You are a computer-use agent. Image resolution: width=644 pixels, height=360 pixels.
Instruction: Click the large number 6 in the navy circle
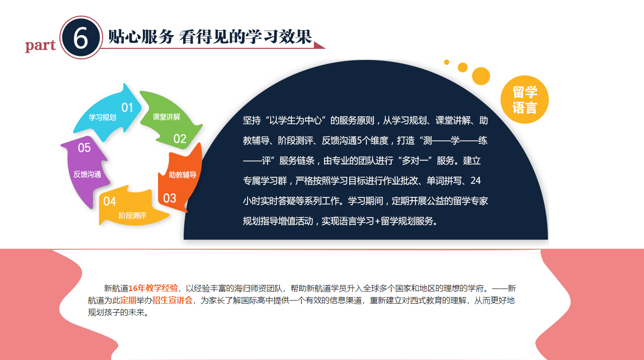tap(81, 38)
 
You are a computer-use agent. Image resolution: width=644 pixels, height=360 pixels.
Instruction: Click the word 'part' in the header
tap(41, 45)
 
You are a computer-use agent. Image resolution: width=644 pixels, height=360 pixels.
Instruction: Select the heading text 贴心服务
tap(140, 37)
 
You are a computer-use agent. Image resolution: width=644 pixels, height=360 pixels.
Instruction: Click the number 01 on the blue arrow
tap(127, 107)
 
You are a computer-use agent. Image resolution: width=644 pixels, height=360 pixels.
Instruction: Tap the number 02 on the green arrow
tap(180, 138)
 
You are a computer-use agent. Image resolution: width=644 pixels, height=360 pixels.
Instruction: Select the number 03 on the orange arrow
tap(170, 198)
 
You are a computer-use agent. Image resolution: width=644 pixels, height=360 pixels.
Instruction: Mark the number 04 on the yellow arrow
tap(110, 202)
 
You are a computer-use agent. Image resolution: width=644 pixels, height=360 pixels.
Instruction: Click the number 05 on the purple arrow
tap(84, 148)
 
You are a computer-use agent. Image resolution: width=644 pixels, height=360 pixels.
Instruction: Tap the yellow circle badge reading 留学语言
tap(525, 100)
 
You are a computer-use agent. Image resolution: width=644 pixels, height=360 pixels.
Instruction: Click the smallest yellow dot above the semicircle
tap(446, 62)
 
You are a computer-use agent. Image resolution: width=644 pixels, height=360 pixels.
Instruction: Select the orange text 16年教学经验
tap(153, 289)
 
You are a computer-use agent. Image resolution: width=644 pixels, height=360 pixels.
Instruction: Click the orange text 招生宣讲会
tap(173, 301)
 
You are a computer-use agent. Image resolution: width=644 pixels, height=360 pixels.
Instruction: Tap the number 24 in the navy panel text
tap(475, 180)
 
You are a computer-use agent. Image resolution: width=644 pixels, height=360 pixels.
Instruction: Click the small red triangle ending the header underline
tap(319, 45)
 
